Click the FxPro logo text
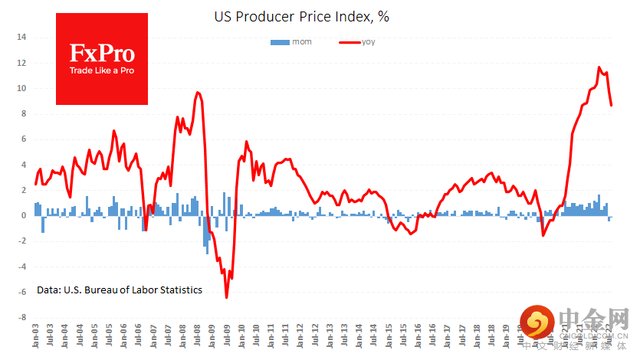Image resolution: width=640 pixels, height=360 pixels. (102, 53)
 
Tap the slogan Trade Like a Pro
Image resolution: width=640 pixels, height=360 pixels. (102, 70)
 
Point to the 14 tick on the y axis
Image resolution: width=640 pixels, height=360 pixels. (21, 37)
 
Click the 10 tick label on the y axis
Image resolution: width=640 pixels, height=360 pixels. (21, 88)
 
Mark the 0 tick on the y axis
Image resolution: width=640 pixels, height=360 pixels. (24, 215)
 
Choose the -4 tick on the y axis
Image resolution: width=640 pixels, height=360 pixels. (22, 267)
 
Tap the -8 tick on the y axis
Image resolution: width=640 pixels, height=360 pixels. (22, 317)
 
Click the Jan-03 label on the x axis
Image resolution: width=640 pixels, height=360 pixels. (36, 336)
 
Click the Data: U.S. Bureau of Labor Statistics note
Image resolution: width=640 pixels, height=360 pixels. (120, 290)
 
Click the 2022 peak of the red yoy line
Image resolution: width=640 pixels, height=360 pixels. (599, 67)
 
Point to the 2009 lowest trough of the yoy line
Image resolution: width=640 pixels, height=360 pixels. (226, 297)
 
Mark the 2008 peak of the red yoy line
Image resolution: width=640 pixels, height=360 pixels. (198, 93)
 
